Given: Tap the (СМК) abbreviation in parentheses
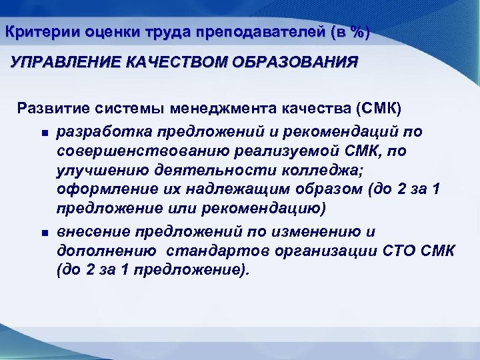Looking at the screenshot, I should pos(379,108).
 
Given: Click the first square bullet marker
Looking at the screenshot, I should pos(43,132).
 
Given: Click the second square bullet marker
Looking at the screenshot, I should pos(43,233).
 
